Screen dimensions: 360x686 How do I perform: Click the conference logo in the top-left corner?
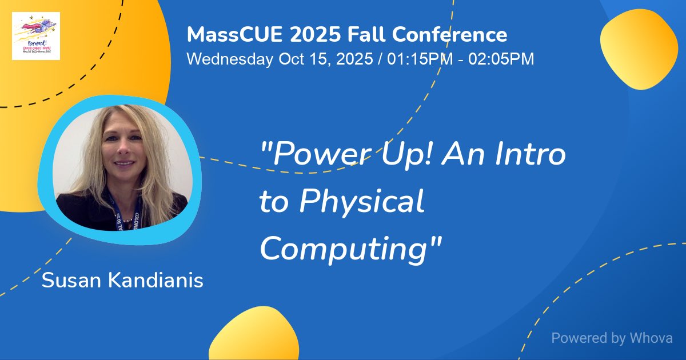36,36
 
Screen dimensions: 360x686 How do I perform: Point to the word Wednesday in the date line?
230,59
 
